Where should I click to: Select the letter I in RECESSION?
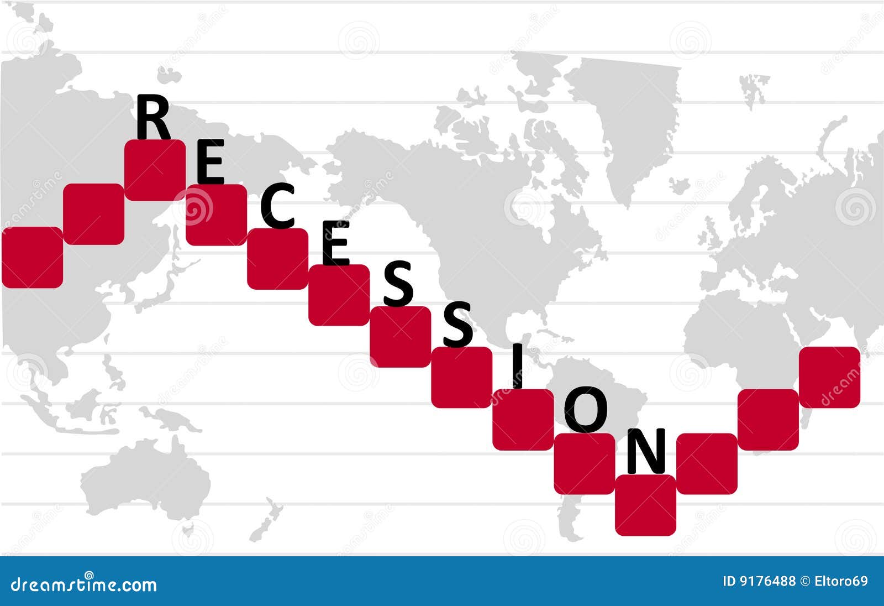click(x=517, y=365)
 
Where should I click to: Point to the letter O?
click(x=586, y=410)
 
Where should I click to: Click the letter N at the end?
click(x=646, y=451)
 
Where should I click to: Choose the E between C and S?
click(x=335, y=243)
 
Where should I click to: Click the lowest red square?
click(x=646, y=505)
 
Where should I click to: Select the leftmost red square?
click(x=33, y=258)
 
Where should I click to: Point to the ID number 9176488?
click(x=759, y=581)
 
